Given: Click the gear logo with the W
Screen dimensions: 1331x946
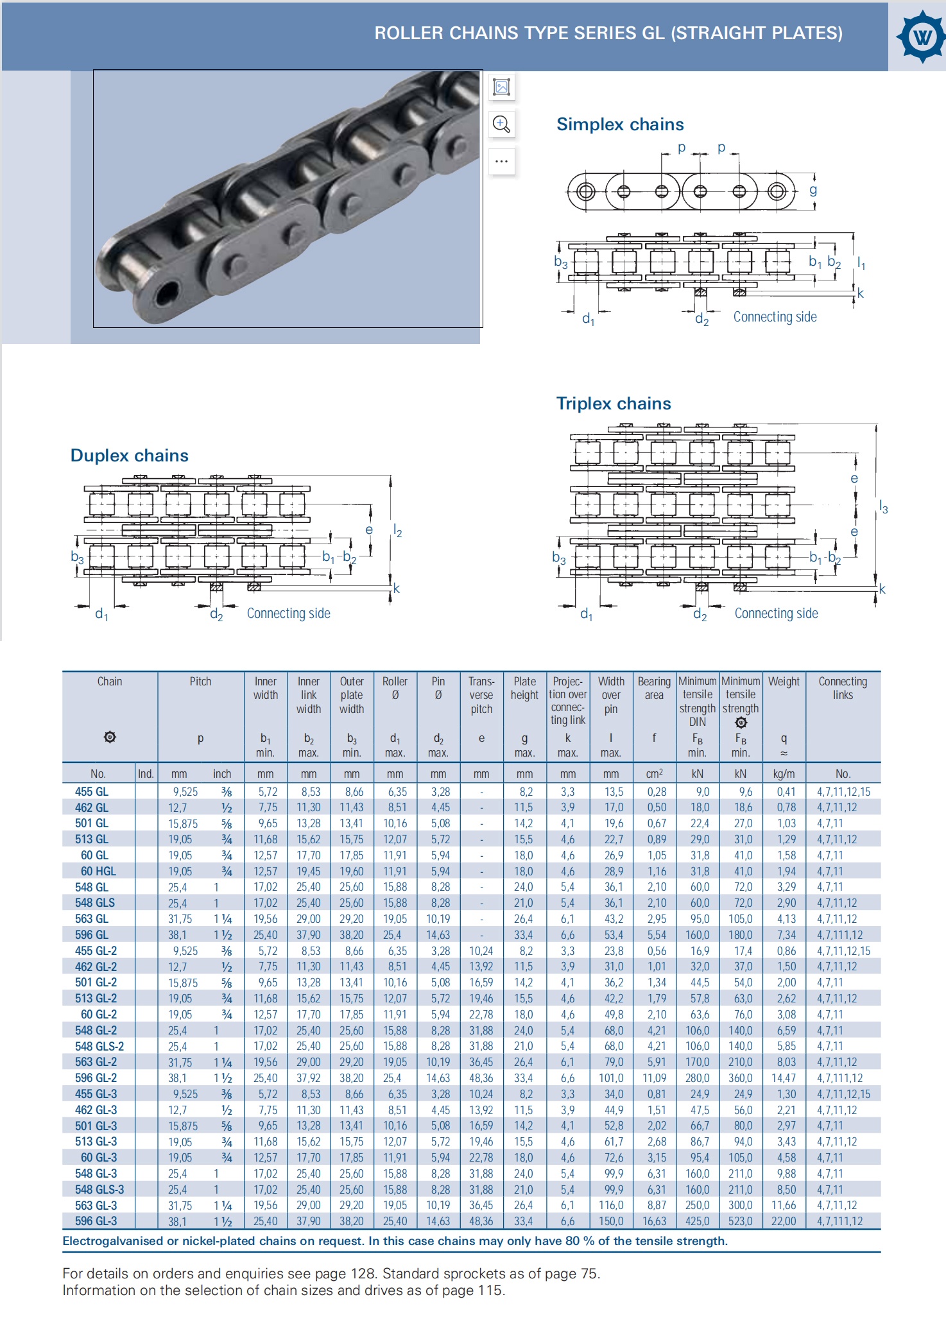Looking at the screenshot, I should [x=922, y=37].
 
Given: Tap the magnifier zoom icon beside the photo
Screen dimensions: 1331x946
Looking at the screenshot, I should [x=501, y=124].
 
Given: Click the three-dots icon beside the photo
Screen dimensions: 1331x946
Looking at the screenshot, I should [x=501, y=161].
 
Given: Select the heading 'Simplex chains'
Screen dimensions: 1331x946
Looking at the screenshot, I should [x=619, y=125].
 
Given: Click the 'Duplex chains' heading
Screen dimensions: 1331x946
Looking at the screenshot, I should [x=129, y=456].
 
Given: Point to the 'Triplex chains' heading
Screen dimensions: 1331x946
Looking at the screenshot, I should [x=613, y=404].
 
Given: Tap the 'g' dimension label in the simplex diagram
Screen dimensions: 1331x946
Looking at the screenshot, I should [x=813, y=190].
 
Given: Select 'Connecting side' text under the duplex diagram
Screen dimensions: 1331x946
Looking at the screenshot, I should [x=288, y=614].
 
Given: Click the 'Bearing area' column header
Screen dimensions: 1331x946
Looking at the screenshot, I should [x=654, y=688].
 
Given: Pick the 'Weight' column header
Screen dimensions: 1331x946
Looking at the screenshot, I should [x=784, y=682].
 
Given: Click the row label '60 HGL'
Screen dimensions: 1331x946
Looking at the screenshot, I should [x=98, y=872].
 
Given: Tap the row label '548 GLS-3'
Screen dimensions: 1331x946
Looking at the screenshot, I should [x=99, y=1189].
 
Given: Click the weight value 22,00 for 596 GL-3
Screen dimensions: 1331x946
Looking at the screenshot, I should [x=784, y=1221].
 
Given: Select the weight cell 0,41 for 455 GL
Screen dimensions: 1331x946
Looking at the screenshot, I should [x=786, y=792].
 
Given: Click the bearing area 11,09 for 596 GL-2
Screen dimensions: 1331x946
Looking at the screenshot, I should [x=654, y=1078].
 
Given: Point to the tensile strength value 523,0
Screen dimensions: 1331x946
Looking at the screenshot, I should [x=740, y=1221].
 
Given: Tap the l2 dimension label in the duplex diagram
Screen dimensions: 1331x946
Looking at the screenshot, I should [x=397, y=531].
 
